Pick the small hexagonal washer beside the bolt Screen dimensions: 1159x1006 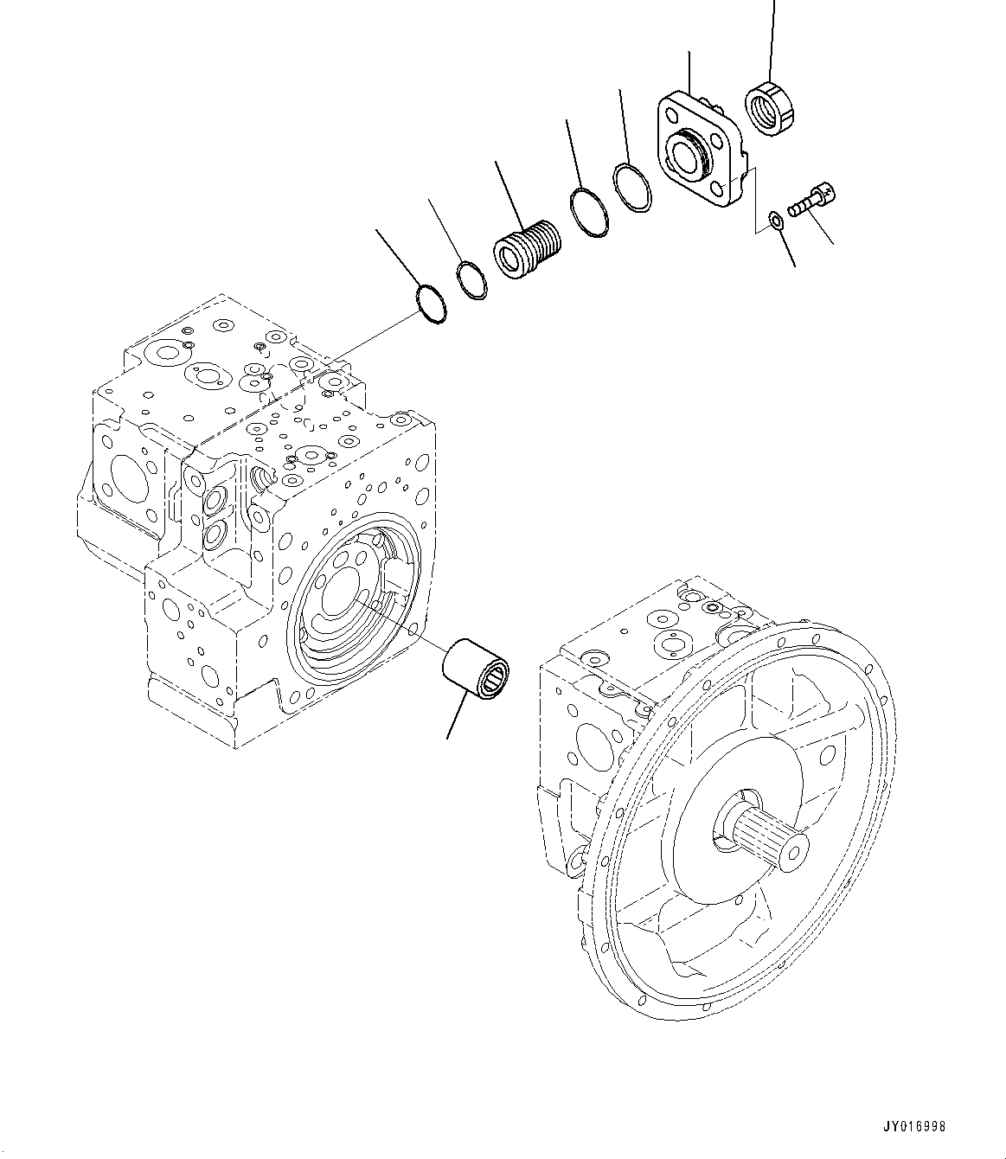pyautogui.click(x=777, y=220)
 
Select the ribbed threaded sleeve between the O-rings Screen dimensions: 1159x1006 pyautogui.click(x=526, y=246)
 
